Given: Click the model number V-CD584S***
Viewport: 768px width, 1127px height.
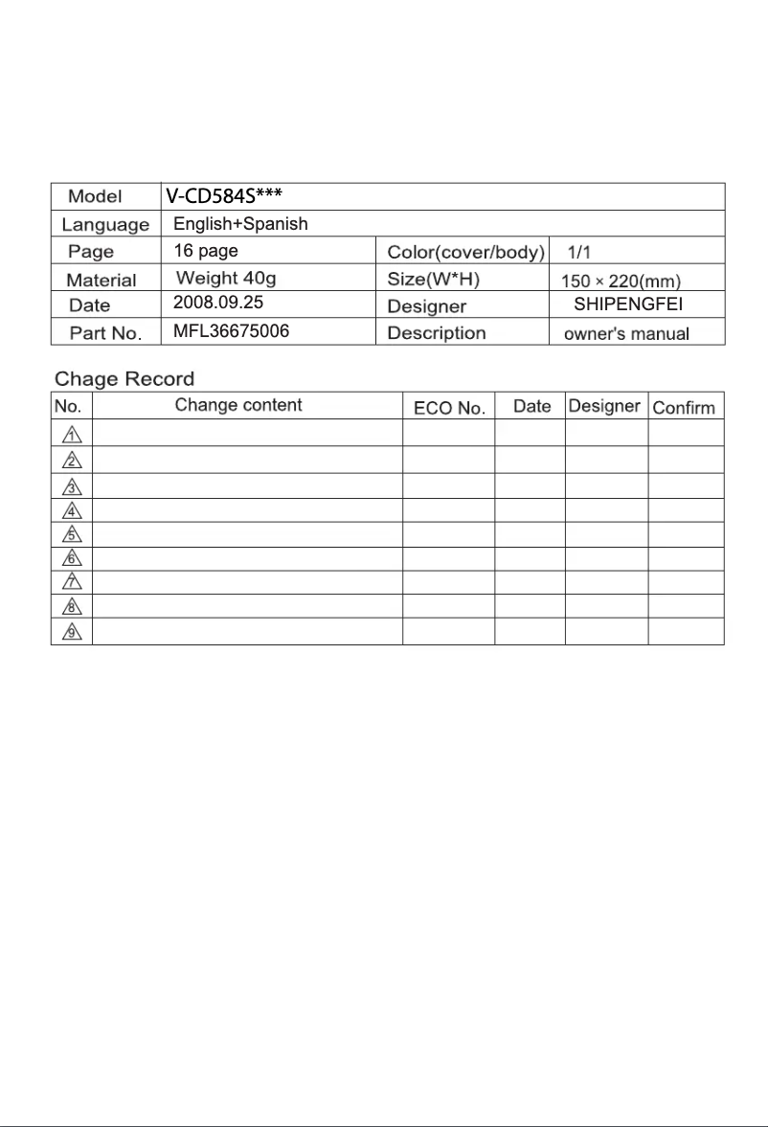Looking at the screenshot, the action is pos(222,196).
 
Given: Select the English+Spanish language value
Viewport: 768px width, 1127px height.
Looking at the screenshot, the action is pos(240,224).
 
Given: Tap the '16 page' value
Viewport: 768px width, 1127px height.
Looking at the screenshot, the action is pos(206,251).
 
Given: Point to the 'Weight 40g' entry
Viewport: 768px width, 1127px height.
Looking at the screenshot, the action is pos(226,279).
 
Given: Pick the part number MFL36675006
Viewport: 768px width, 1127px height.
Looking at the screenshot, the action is pos(231,332).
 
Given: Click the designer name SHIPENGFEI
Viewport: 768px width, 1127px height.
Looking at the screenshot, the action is pos(626,305).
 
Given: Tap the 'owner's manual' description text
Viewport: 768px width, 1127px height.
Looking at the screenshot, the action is pos(626,334).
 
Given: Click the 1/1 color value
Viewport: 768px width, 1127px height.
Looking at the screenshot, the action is pos(579,253).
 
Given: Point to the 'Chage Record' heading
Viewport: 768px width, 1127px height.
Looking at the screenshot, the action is pos(124,378).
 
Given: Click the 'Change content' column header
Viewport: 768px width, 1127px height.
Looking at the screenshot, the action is pos(238,405).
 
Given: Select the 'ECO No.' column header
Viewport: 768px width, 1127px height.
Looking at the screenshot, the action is pos(449,408).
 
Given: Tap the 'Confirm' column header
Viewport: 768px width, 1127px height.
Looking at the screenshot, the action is pos(684,408).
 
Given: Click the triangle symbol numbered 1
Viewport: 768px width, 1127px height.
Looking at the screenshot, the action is pos(71,434).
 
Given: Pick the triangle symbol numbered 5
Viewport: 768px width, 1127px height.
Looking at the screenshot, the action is pos(71,533).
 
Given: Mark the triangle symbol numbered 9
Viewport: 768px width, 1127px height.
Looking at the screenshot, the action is pos(71,633).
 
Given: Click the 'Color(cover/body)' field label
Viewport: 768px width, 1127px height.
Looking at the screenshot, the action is pos(466,253).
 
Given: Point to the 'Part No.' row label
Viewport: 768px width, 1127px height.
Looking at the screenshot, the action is pos(105,333).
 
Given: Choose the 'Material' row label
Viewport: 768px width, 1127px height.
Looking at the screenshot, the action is pos(102,280).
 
